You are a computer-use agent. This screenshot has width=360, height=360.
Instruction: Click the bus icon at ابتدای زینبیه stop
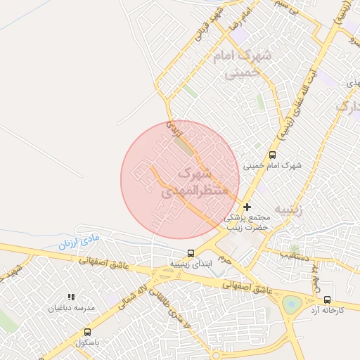click(x=191, y=253)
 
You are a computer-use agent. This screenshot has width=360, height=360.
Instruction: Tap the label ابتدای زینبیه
click(x=190, y=264)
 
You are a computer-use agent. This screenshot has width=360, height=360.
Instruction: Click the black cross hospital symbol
click(x=247, y=207)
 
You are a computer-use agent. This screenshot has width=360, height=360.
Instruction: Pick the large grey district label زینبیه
click(x=291, y=210)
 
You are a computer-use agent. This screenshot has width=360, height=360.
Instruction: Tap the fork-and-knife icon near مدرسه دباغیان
click(x=70, y=297)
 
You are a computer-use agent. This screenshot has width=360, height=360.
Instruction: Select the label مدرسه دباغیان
click(x=70, y=308)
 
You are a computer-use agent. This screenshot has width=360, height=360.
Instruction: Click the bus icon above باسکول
click(x=88, y=332)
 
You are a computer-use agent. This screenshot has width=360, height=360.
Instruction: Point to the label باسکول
click(x=89, y=342)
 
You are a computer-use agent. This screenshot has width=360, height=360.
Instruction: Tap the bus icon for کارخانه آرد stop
click(x=327, y=299)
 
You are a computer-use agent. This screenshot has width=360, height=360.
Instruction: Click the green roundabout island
click(x=292, y=304)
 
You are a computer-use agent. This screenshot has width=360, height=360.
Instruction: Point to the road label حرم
click(x=223, y=259)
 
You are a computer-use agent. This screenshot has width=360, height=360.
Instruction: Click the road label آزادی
click(x=172, y=128)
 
